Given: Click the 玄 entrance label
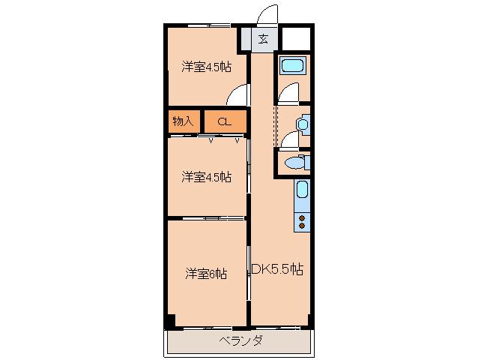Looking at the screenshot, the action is (x=263, y=39).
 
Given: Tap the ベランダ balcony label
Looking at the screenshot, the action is (x=240, y=340).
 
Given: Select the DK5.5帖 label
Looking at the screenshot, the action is (x=277, y=269).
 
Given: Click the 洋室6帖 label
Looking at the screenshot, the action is (x=206, y=274).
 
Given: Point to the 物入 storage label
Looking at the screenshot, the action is (x=183, y=121).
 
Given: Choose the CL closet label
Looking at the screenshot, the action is (x=224, y=121).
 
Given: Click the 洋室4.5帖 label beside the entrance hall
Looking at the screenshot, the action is (x=206, y=67).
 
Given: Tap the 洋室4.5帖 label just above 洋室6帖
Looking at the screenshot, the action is (x=206, y=177).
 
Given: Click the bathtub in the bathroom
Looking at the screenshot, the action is (x=293, y=66).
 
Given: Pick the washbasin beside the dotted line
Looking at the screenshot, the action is (x=303, y=124).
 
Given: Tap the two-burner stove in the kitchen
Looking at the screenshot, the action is (x=302, y=222).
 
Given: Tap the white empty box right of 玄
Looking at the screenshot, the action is (x=296, y=38).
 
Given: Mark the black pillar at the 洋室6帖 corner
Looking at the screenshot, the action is (x=170, y=321).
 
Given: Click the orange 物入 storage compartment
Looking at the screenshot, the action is (x=184, y=121).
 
